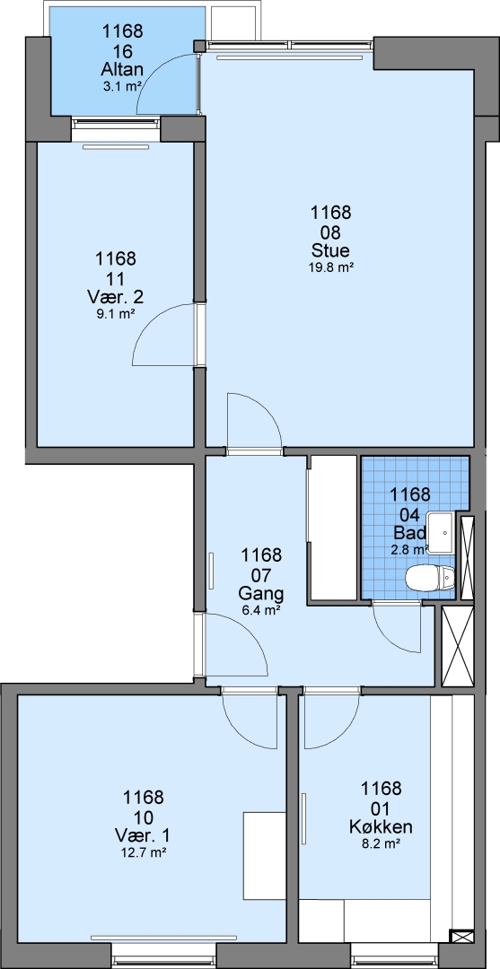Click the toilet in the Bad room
pos(430,578)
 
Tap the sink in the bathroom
pos(443,532)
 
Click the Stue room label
pos(330,251)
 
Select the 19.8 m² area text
pos(330,267)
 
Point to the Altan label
pos(122,71)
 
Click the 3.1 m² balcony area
pos(122,86)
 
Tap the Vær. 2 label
pos(116,297)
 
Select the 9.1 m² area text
pos(116,313)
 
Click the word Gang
pos(261,595)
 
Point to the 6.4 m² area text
pos(261,611)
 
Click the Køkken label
pos(381,827)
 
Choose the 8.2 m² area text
pos(381,842)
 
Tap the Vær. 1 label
pos(144,836)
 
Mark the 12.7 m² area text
pos(144,852)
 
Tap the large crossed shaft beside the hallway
pos(458,646)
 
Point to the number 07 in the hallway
pos(261,575)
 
